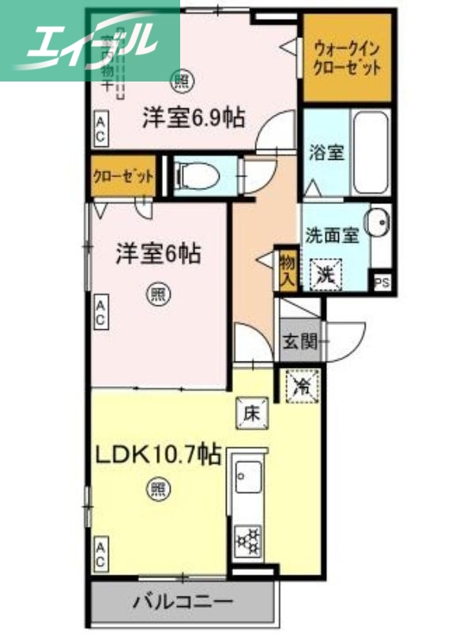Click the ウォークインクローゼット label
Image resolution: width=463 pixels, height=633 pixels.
coord(348,57)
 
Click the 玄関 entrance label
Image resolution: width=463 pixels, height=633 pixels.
coord(299,342)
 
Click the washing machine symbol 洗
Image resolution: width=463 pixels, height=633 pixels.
coord(324,275)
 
